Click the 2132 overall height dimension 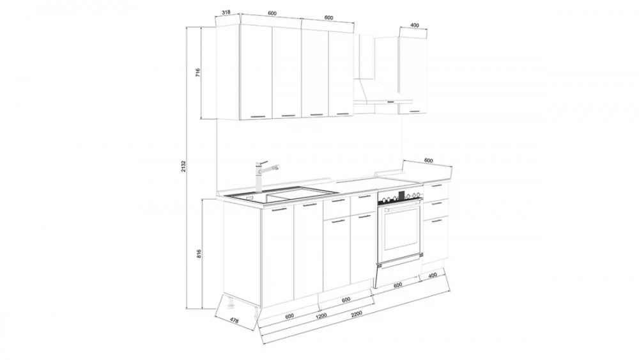click(x=184, y=166)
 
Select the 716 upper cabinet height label click(x=197, y=73)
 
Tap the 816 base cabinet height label click(x=199, y=254)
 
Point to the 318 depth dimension click(x=226, y=12)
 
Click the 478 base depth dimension click(x=233, y=321)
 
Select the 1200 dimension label click(x=321, y=316)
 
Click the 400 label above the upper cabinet click(x=414, y=26)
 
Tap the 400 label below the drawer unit click(x=433, y=276)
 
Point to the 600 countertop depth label click(x=428, y=160)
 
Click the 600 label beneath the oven click(x=398, y=285)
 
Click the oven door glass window click(x=401, y=228)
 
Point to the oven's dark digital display click(x=401, y=196)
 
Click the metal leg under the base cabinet click(x=231, y=304)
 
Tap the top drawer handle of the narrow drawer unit click(x=436, y=185)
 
